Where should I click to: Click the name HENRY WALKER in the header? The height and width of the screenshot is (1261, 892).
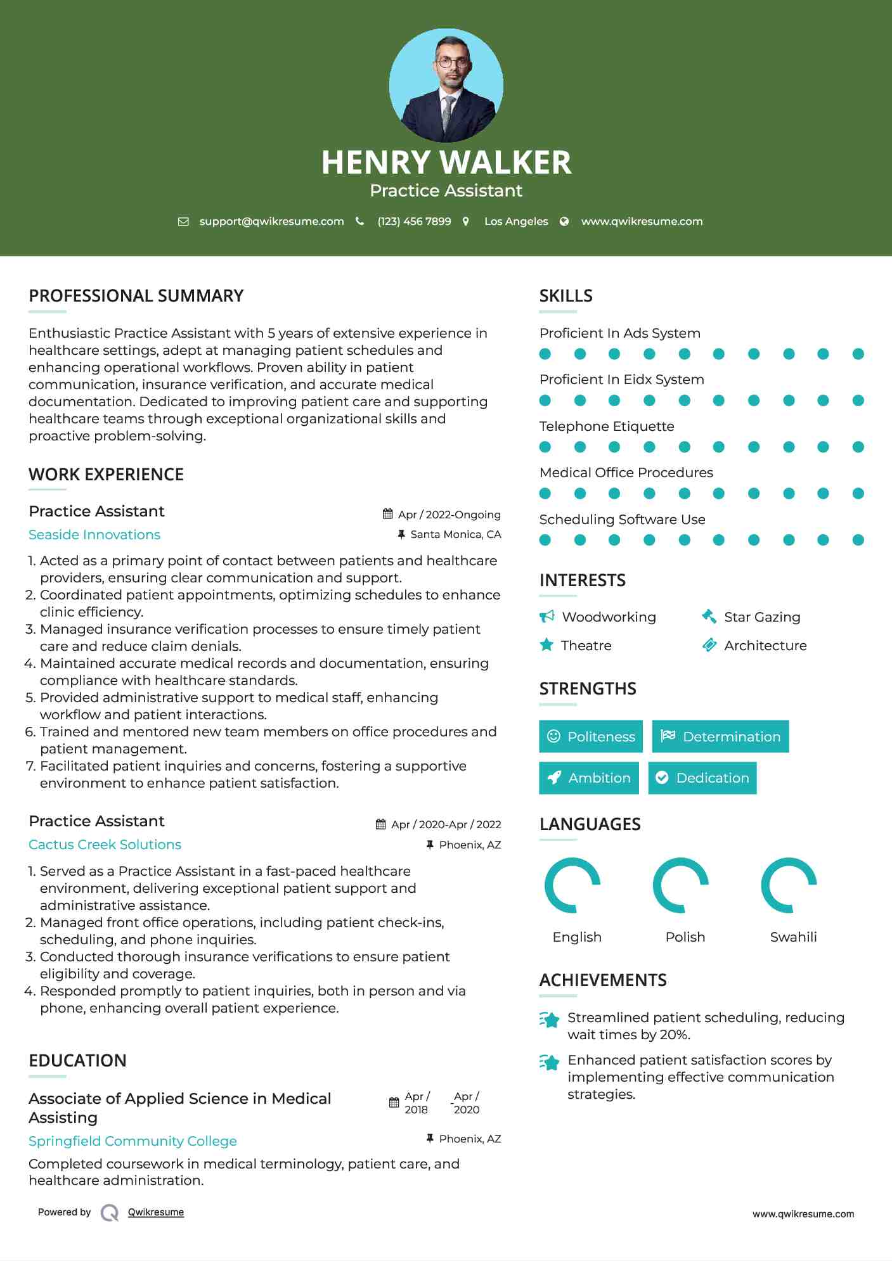point(446,162)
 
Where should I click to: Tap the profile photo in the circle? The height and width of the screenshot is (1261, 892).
point(446,85)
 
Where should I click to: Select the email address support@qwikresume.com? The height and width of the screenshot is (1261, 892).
point(271,221)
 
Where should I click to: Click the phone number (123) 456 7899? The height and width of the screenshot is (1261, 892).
point(414,221)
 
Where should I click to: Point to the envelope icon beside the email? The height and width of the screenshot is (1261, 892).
point(183,222)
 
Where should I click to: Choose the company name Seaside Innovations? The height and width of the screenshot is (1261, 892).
point(94,535)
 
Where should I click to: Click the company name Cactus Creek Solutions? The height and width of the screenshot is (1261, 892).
point(105,845)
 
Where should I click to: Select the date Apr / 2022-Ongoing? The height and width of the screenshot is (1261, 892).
point(449,515)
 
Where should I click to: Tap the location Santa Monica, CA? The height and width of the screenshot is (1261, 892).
point(455,534)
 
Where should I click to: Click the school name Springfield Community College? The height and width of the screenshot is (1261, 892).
point(133,1141)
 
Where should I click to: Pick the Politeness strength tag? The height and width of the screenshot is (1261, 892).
point(591,736)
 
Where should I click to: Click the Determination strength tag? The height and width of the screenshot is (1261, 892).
point(720,736)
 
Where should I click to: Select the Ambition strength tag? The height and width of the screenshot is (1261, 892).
point(589,778)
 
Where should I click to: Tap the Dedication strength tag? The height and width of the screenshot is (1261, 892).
point(702,778)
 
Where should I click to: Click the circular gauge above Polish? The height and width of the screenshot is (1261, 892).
point(681,885)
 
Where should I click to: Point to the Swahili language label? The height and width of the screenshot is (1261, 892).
point(793,937)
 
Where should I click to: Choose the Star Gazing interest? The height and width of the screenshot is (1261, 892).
point(762,617)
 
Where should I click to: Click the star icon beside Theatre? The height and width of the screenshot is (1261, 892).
point(546,645)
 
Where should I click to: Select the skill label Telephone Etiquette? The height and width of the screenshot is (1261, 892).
point(607,426)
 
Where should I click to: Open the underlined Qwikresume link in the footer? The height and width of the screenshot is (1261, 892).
point(156,1212)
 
